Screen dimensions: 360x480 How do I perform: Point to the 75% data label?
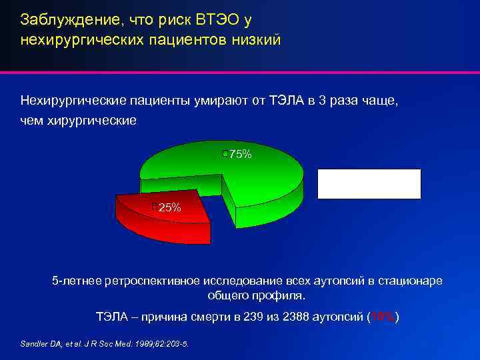point(239,155)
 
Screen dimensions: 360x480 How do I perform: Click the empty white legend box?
point(369,184)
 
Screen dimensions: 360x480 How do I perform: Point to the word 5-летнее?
point(77,281)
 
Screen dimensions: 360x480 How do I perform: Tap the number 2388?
point(297,317)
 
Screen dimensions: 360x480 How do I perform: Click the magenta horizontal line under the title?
point(240,71)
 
